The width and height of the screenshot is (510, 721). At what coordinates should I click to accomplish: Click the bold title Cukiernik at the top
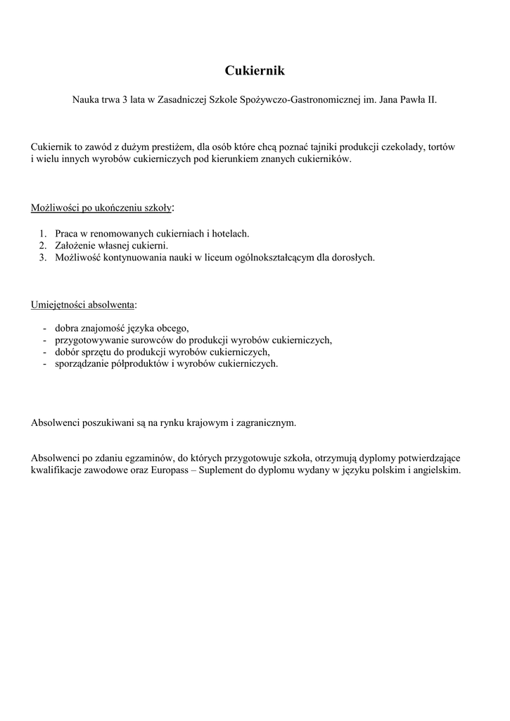[255, 70]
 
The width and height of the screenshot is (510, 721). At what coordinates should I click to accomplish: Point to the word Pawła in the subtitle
[410, 101]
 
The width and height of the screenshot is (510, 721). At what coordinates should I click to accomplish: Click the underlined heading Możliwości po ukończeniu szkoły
[101, 208]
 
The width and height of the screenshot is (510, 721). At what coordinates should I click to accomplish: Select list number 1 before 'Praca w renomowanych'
[42, 233]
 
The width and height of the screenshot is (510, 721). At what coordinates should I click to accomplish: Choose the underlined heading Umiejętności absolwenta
[83, 304]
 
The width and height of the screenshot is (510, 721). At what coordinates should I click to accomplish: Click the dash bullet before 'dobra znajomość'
[45, 328]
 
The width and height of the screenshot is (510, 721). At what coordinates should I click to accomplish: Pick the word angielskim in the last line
[438, 470]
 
